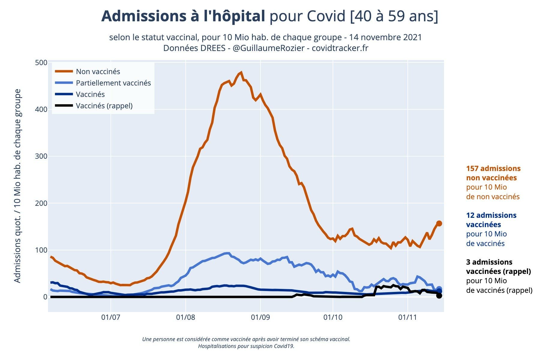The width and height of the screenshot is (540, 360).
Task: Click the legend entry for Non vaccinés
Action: pos(98,71)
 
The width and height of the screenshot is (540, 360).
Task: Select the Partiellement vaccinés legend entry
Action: pos(113,83)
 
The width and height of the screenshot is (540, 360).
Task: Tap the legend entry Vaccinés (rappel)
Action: pos(104,106)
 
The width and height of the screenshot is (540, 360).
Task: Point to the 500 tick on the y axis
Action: pos(41,62)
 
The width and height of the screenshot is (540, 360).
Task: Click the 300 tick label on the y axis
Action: pos(41,156)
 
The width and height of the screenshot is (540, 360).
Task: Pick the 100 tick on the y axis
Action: pos(41,250)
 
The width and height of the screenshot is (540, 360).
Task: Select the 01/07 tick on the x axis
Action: pos(111,317)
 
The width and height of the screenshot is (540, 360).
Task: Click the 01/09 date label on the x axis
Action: pos(260,317)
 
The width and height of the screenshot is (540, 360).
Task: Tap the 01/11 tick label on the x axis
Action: pos(407,317)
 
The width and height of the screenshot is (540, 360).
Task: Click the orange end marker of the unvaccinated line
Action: pos(439,223)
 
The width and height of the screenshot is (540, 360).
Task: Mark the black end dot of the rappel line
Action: pos(439,296)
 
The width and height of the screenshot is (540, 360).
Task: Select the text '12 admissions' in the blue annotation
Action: pos(491,215)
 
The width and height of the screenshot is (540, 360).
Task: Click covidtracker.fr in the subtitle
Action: pos(340,48)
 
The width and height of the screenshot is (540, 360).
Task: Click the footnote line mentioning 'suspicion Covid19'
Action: pos(246,346)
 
